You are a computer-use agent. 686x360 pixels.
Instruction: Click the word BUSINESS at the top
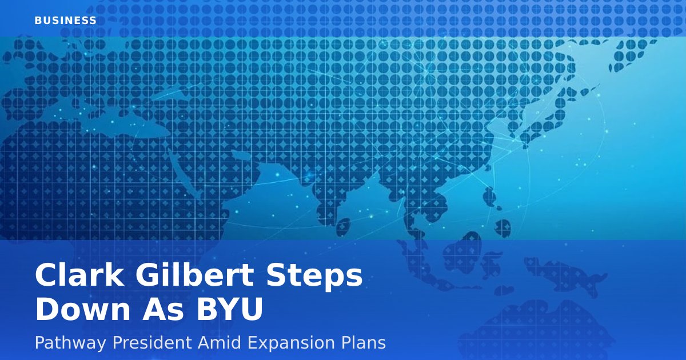click(x=66, y=21)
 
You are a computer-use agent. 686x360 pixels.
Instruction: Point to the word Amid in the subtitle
click(x=220, y=342)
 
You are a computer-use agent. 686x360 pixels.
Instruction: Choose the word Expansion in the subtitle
click(x=291, y=343)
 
